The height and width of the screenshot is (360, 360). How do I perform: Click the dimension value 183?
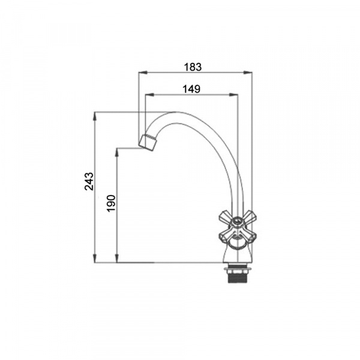(x=193, y=67)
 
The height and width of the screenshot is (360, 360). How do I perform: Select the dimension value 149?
(x=191, y=89)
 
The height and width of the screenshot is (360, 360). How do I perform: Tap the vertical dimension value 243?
(x=89, y=181)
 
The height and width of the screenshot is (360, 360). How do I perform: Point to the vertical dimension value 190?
(x=112, y=203)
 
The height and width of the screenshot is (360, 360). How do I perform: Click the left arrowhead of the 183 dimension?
(x=143, y=73)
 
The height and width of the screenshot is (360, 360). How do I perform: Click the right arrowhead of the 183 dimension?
(x=248, y=73)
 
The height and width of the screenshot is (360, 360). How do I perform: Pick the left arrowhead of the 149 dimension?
(x=149, y=94)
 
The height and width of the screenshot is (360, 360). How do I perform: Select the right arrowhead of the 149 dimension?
(x=234, y=94)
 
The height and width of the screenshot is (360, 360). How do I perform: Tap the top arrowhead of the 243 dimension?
(x=95, y=116)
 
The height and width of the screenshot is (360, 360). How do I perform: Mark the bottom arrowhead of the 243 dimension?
(x=95, y=258)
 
